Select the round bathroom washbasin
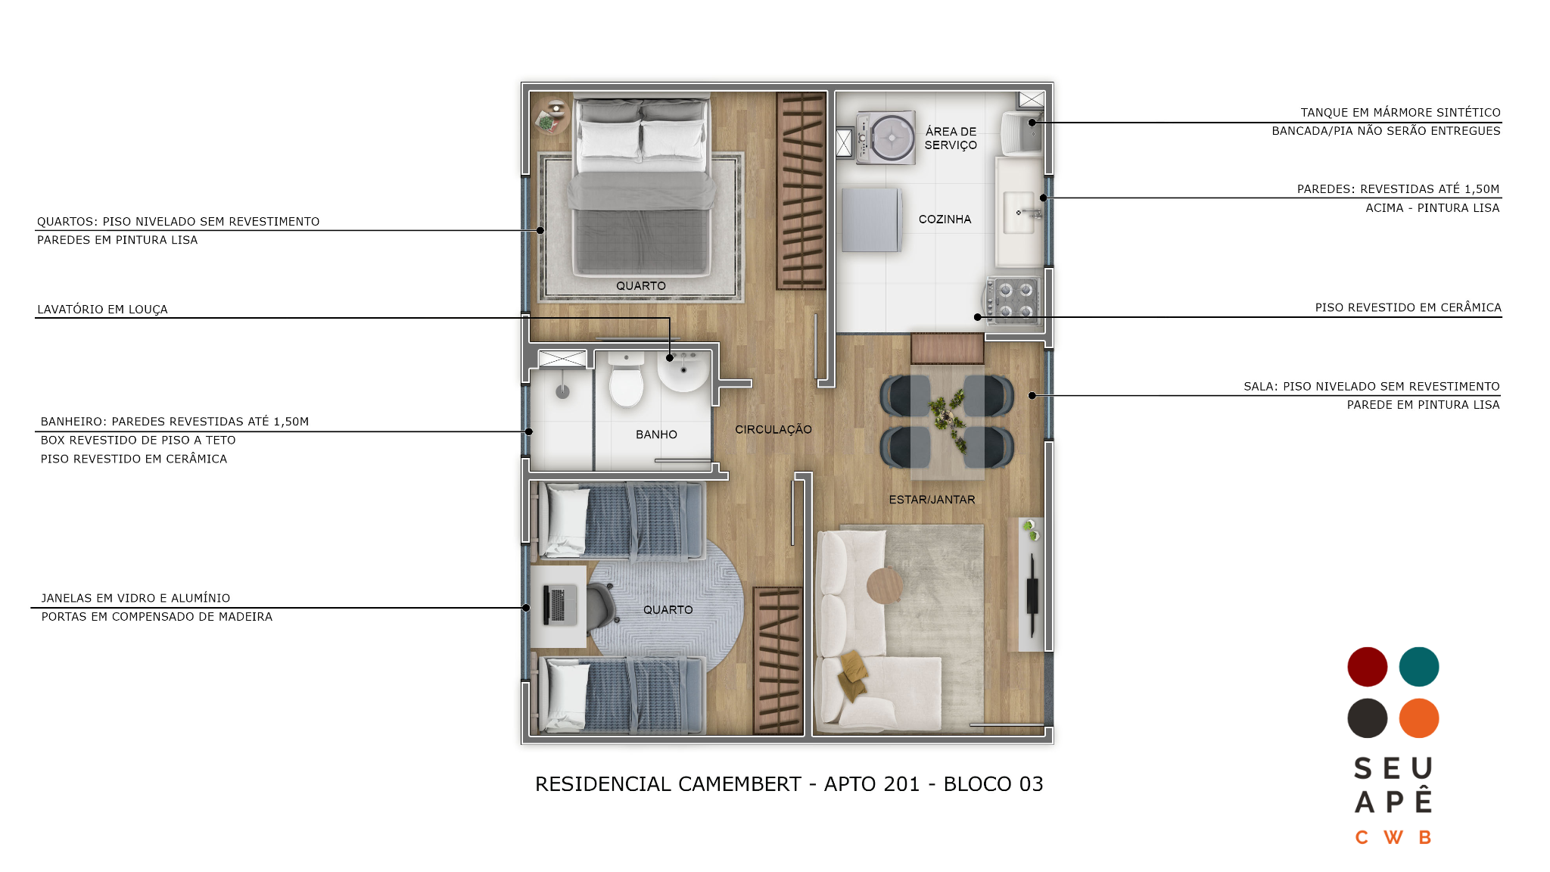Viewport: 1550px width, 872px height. click(x=683, y=371)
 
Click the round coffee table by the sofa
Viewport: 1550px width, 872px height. click(x=885, y=585)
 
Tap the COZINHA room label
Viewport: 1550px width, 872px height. click(x=945, y=220)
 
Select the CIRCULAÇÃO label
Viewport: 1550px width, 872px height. click(x=773, y=429)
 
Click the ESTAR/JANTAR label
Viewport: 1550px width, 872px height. click(x=932, y=500)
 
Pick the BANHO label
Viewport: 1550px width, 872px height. click(x=656, y=434)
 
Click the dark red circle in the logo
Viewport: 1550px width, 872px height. click(x=1367, y=667)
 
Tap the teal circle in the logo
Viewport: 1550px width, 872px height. click(x=1419, y=667)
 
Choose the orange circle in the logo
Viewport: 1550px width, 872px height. click(x=1419, y=718)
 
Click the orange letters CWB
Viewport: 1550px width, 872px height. click(x=1393, y=837)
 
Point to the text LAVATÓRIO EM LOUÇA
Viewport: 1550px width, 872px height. click(x=102, y=309)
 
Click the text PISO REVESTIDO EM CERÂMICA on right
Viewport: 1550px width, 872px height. click(x=1408, y=307)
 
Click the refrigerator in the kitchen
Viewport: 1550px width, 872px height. click(x=871, y=220)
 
